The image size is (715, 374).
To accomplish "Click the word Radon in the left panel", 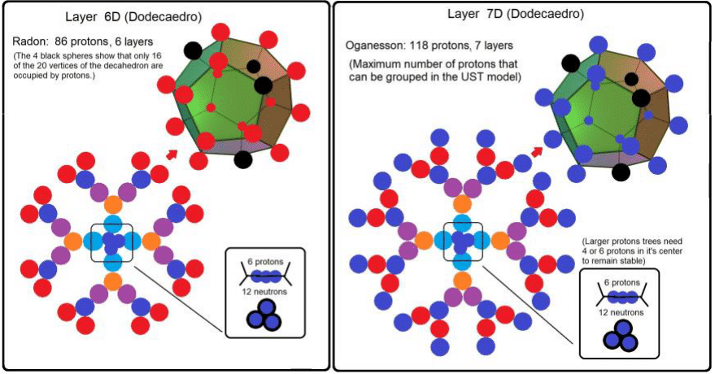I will click(x=30, y=40).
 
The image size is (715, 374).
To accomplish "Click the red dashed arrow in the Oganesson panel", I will click(x=538, y=149).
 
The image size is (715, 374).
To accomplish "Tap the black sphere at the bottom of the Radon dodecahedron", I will click(x=242, y=159).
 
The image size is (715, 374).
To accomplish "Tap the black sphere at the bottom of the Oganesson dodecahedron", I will click(x=621, y=172).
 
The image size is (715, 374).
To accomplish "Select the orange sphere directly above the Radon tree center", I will click(x=113, y=203).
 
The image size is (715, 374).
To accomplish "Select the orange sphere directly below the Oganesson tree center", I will click(x=463, y=280).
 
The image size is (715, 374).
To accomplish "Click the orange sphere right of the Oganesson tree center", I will click(x=502, y=241).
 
